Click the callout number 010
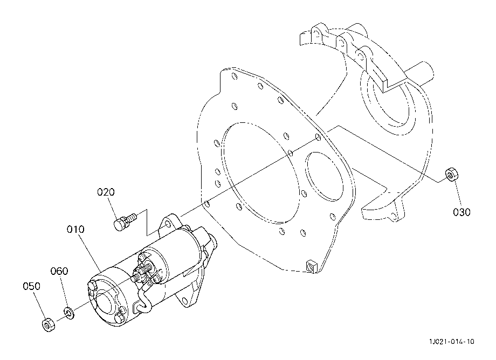[75, 229]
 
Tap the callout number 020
[106, 192]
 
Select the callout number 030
[461, 212]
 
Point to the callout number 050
[32, 286]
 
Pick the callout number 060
[59, 271]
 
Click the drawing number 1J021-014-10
[452, 341]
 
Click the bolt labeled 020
[125, 221]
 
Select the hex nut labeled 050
[49, 324]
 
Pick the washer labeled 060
[69, 312]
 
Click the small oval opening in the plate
[325, 176]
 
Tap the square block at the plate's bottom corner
[311, 266]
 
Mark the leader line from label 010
[89, 253]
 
